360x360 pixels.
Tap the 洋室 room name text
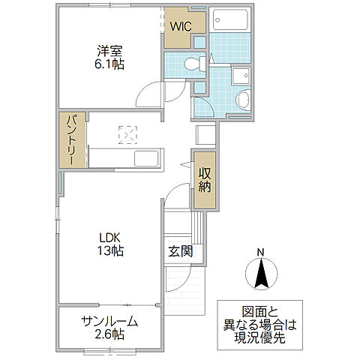[x=109, y=51]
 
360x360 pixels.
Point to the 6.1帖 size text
[x=109, y=64]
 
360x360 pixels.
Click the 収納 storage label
[x=205, y=180]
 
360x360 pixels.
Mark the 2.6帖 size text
[x=109, y=334]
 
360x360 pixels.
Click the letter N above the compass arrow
[x=260, y=251]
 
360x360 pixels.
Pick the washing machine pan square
[x=241, y=76]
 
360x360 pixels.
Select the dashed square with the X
[x=127, y=135]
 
